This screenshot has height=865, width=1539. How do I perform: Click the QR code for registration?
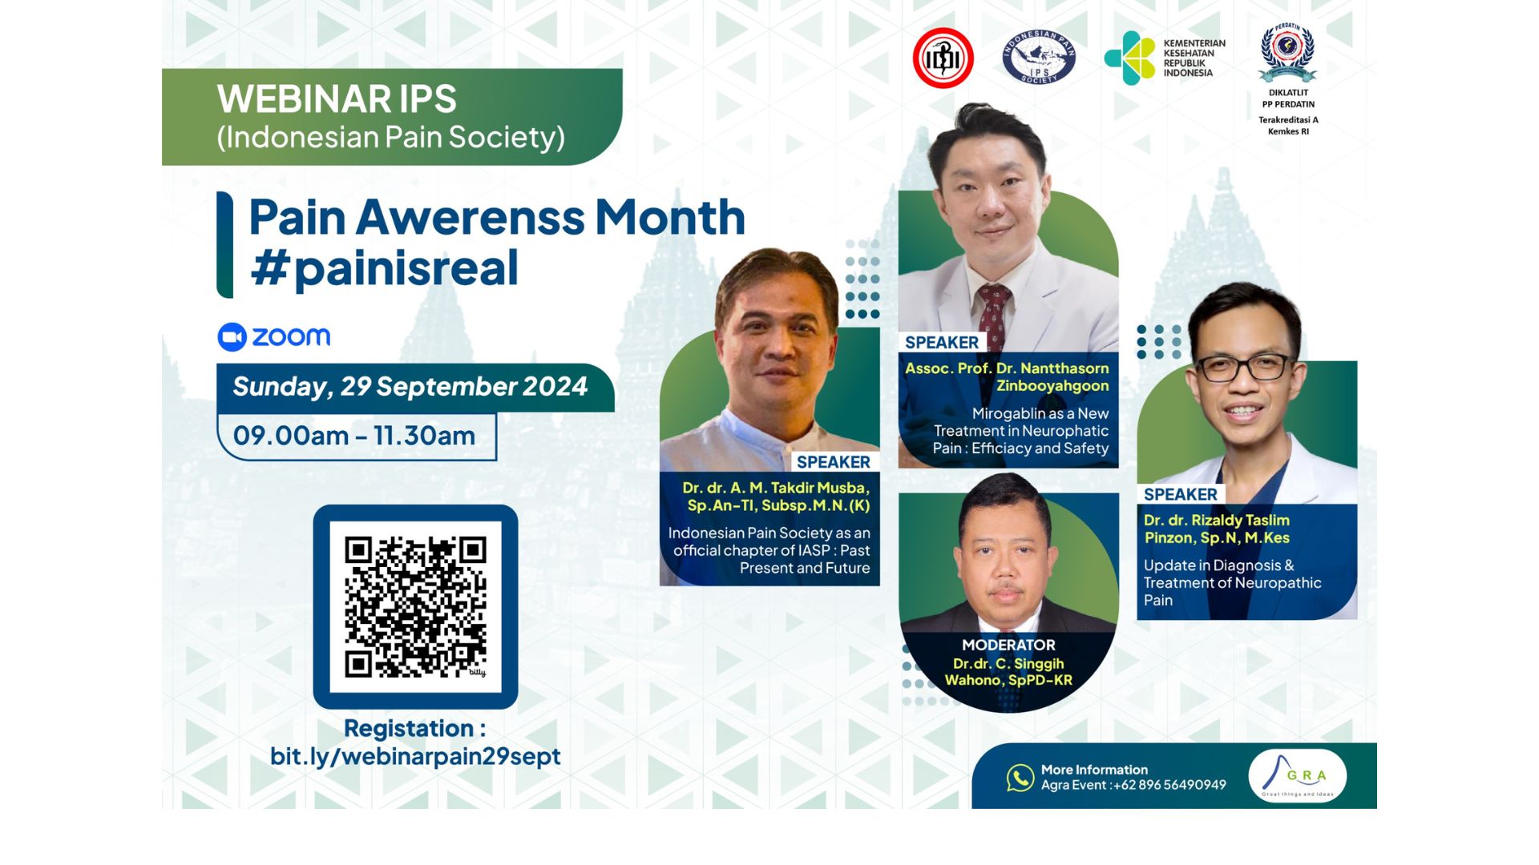415,606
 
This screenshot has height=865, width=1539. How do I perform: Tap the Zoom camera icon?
232,337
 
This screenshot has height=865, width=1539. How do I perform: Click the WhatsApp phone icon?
1020,777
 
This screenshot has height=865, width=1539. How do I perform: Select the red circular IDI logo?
943,58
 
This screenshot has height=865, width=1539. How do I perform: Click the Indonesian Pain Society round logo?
1039,58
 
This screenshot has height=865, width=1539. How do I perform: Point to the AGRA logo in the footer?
1297,775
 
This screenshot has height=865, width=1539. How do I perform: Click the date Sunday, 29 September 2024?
410,387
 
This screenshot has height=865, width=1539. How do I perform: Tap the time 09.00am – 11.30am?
354,436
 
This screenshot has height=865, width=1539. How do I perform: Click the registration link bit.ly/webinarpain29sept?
415,756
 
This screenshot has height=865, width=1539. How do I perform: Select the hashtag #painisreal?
385,268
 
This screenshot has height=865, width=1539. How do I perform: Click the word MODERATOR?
1008,645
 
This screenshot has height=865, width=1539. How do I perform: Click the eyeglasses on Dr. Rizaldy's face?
1244,368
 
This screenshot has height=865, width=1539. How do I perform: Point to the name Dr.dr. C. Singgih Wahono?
1008,672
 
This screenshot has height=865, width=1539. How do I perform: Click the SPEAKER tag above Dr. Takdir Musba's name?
833,462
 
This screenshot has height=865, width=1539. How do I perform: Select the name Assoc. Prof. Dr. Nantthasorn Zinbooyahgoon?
1008,376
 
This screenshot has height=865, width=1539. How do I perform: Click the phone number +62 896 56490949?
1169,785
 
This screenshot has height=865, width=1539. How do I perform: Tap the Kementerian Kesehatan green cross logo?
1129,58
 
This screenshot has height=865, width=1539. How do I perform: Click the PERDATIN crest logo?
1287,52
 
